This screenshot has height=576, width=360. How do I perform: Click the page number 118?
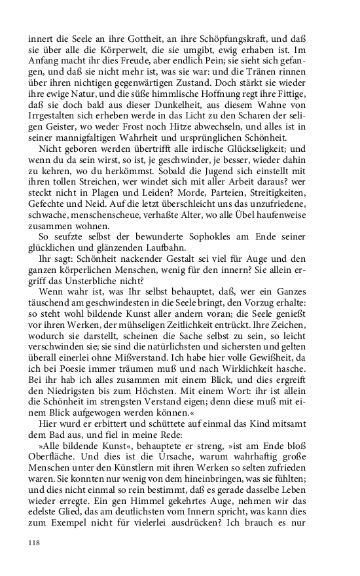[35, 543]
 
